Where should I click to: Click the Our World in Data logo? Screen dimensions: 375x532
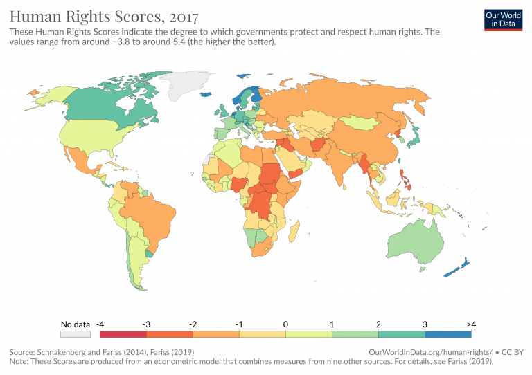[x=502, y=19]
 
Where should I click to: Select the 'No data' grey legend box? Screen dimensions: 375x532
[x=76, y=333]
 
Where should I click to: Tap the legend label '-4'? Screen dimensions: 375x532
[x=100, y=324]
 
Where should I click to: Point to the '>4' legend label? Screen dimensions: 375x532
[x=471, y=324]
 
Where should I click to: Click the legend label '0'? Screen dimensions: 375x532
[x=285, y=324]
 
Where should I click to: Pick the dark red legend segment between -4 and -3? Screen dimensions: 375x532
[x=123, y=333]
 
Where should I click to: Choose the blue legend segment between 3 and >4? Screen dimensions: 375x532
[x=447, y=333]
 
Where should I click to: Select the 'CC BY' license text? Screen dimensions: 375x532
[x=513, y=352]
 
